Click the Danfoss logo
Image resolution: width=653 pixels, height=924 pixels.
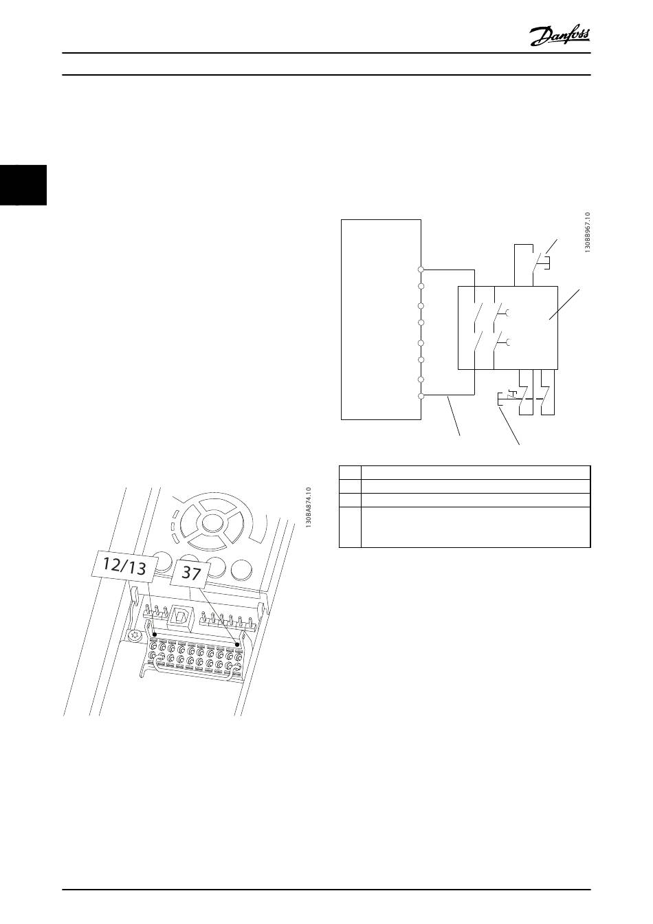coord(560,35)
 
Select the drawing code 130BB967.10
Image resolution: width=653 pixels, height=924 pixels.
coord(588,233)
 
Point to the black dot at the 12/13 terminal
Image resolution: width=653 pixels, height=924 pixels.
coord(155,635)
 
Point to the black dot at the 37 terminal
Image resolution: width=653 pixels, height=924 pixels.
coord(237,644)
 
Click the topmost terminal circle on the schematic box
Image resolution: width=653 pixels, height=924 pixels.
coord(421,269)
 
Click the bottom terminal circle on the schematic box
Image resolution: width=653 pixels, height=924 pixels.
coord(421,395)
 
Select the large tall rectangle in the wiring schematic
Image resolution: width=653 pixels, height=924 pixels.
coord(381,319)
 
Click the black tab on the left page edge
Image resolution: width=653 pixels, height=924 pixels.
coord(23,185)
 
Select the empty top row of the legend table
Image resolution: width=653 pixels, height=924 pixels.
coord(465,472)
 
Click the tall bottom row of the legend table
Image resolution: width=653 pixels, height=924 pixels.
coord(465,527)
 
